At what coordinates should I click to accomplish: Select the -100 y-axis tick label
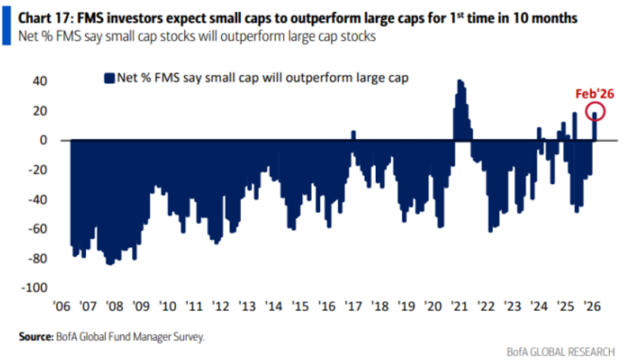(35, 288)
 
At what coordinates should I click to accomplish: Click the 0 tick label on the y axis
(45, 140)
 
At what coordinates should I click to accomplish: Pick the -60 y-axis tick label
(38, 229)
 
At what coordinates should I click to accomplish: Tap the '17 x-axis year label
(353, 307)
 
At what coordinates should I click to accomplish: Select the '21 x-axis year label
(459, 307)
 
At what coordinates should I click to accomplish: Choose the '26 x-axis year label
(593, 307)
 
